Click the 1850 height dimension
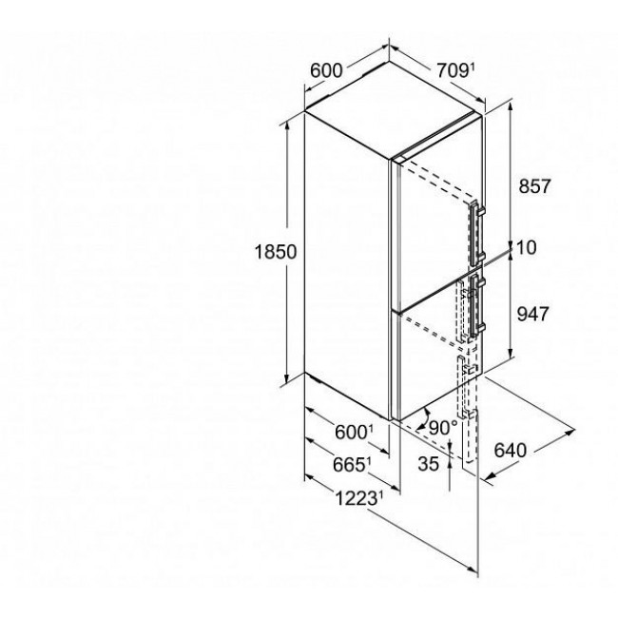pos(276,252)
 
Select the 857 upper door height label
pos(534,186)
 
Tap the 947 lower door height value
pos(532,314)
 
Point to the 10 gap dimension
pos(526,248)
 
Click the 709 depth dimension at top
pos(453,71)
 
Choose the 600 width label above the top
pos(326,71)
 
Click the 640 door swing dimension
pos(511,450)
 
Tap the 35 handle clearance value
pos(429,464)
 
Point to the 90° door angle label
pos(443,428)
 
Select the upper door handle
pos(476,233)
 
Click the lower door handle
pos(476,305)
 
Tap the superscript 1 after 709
pos(472,67)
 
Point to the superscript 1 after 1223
pos(380,494)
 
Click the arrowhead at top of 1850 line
pos(288,125)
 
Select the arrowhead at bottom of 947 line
pos(512,354)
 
